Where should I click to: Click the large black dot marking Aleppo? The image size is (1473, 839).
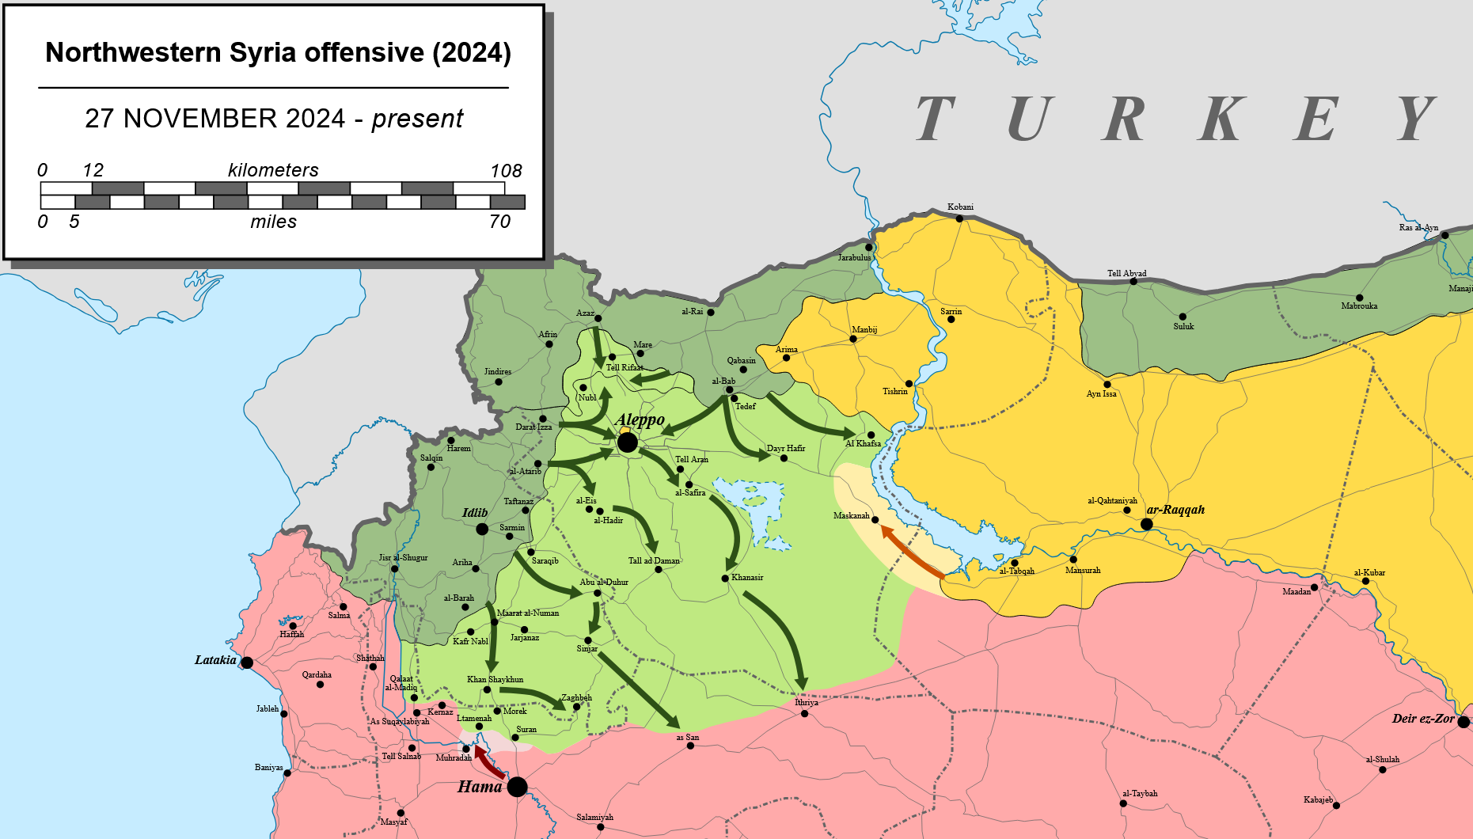click(x=627, y=442)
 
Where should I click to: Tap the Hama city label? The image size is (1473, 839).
click(x=480, y=787)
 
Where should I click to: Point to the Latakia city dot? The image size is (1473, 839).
click(x=247, y=662)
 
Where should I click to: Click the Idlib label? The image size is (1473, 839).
click(x=475, y=513)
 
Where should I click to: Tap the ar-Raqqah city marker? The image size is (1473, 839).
click(x=1146, y=524)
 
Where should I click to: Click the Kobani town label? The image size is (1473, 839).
click(x=960, y=207)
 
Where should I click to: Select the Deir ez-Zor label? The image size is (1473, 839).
click(x=1423, y=719)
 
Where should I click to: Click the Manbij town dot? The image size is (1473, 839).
click(x=853, y=339)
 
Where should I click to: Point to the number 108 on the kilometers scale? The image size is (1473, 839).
click(x=506, y=171)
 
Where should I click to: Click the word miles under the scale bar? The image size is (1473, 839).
click(x=273, y=222)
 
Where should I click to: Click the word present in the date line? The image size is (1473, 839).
click(x=417, y=119)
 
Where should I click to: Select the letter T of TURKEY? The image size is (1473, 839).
click(x=936, y=119)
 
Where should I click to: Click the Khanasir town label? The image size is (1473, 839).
click(x=747, y=577)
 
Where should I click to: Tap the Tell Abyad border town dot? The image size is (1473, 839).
click(x=1133, y=282)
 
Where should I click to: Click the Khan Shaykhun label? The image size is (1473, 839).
click(x=495, y=679)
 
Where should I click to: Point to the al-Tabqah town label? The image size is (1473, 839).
click(x=1016, y=571)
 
